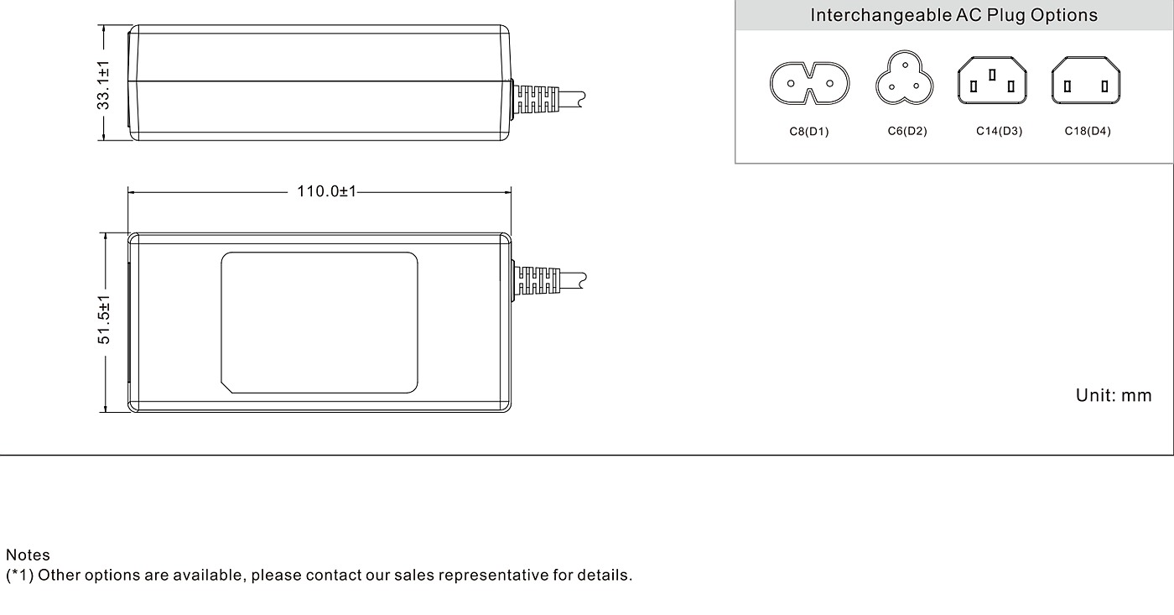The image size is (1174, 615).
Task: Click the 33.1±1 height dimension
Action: pyautogui.click(x=103, y=85)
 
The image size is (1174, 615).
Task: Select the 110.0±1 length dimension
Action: pyautogui.click(x=326, y=191)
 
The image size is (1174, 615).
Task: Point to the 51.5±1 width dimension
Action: pyautogui.click(x=104, y=320)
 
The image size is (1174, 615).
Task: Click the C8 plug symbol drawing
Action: pyautogui.click(x=809, y=83)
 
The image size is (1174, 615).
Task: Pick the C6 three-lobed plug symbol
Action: pyautogui.click(x=905, y=77)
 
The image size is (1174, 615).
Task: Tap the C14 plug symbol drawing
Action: pyautogui.click(x=992, y=81)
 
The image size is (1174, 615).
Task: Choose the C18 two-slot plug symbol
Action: pyautogui.click(x=1086, y=81)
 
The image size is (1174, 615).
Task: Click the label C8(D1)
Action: pyautogui.click(x=809, y=132)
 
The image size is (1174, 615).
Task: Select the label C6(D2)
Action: pyautogui.click(x=907, y=131)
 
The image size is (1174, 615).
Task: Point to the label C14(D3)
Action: pyautogui.click(x=999, y=131)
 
